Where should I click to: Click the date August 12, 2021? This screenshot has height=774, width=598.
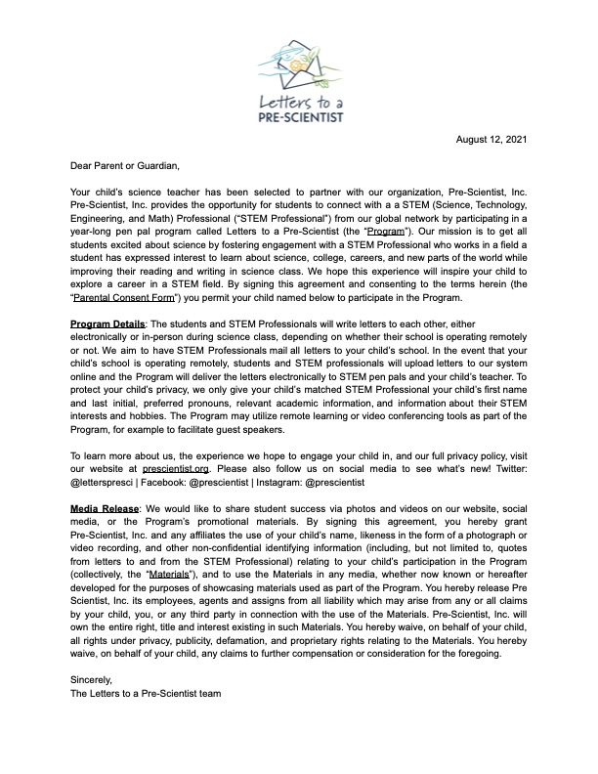(x=491, y=140)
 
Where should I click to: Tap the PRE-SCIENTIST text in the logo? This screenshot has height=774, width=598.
(x=298, y=114)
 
